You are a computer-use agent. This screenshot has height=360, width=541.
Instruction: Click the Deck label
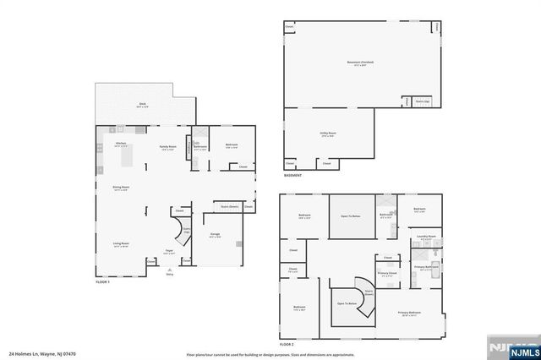tap(143, 105)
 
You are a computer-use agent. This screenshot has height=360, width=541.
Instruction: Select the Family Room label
tap(168, 147)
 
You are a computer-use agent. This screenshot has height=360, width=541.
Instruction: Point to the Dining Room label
tap(121, 188)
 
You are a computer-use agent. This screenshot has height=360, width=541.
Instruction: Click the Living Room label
tap(121, 244)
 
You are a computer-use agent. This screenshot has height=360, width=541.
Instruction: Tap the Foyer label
tap(169, 251)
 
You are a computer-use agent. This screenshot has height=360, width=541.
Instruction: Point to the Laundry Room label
tap(427, 237)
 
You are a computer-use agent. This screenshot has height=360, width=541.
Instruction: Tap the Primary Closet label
tap(387, 274)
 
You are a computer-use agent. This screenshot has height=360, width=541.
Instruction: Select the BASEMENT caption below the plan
tap(293, 176)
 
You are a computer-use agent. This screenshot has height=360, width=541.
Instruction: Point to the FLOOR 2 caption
tap(287, 345)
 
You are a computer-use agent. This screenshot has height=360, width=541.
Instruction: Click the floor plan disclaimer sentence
tap(269, 354)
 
